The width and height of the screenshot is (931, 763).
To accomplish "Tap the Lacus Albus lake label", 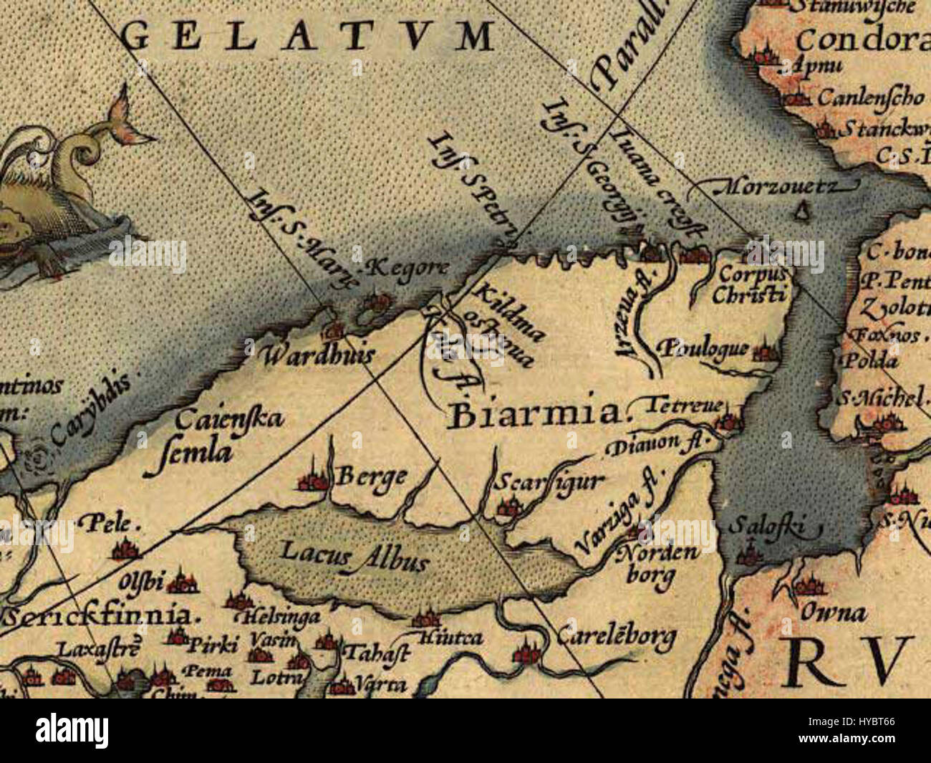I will click(x=354, y=555).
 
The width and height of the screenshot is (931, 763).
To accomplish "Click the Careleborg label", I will click(x=616, y=634).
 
